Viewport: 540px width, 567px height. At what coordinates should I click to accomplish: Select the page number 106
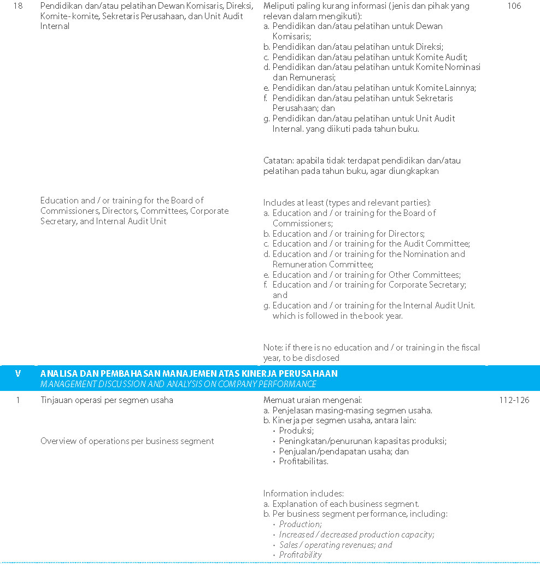click(514, 6)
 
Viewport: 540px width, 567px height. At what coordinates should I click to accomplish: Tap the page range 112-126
click(514, 400)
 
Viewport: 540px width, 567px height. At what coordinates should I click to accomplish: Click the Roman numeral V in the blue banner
click(18, 373)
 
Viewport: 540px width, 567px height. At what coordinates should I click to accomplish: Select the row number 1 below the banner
click(18, 400)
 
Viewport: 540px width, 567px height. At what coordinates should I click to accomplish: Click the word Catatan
click(279, 161)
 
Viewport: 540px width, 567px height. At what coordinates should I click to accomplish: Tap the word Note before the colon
click(273, 348)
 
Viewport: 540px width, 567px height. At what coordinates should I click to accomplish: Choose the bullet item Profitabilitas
click(304, 461)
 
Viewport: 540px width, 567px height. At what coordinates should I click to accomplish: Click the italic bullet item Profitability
click(301, 555)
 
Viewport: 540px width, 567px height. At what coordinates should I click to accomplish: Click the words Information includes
click(303, 493)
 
